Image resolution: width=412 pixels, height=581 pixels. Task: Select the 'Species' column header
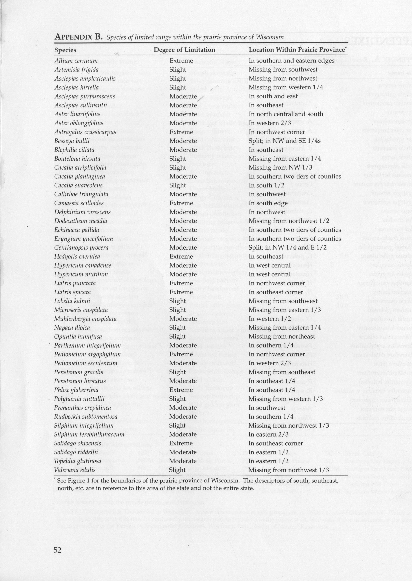tap(65, 50)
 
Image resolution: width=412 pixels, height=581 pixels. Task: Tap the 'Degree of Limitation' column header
tap(184, 50)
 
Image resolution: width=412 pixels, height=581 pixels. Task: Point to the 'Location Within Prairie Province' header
tap(296, 50)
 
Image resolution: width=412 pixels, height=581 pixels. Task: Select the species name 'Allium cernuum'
tap(76, 61)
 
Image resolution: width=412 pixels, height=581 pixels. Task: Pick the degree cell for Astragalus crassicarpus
tap(181, 132)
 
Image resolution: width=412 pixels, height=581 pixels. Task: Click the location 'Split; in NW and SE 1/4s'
tap(285, 141)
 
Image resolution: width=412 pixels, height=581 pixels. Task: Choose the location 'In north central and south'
tap(286, 114)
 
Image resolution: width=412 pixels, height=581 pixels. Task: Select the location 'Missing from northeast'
tap(282, 337)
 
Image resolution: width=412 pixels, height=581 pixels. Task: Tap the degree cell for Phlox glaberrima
tap(181, 390)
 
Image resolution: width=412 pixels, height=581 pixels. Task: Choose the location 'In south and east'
tap(273, 97)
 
